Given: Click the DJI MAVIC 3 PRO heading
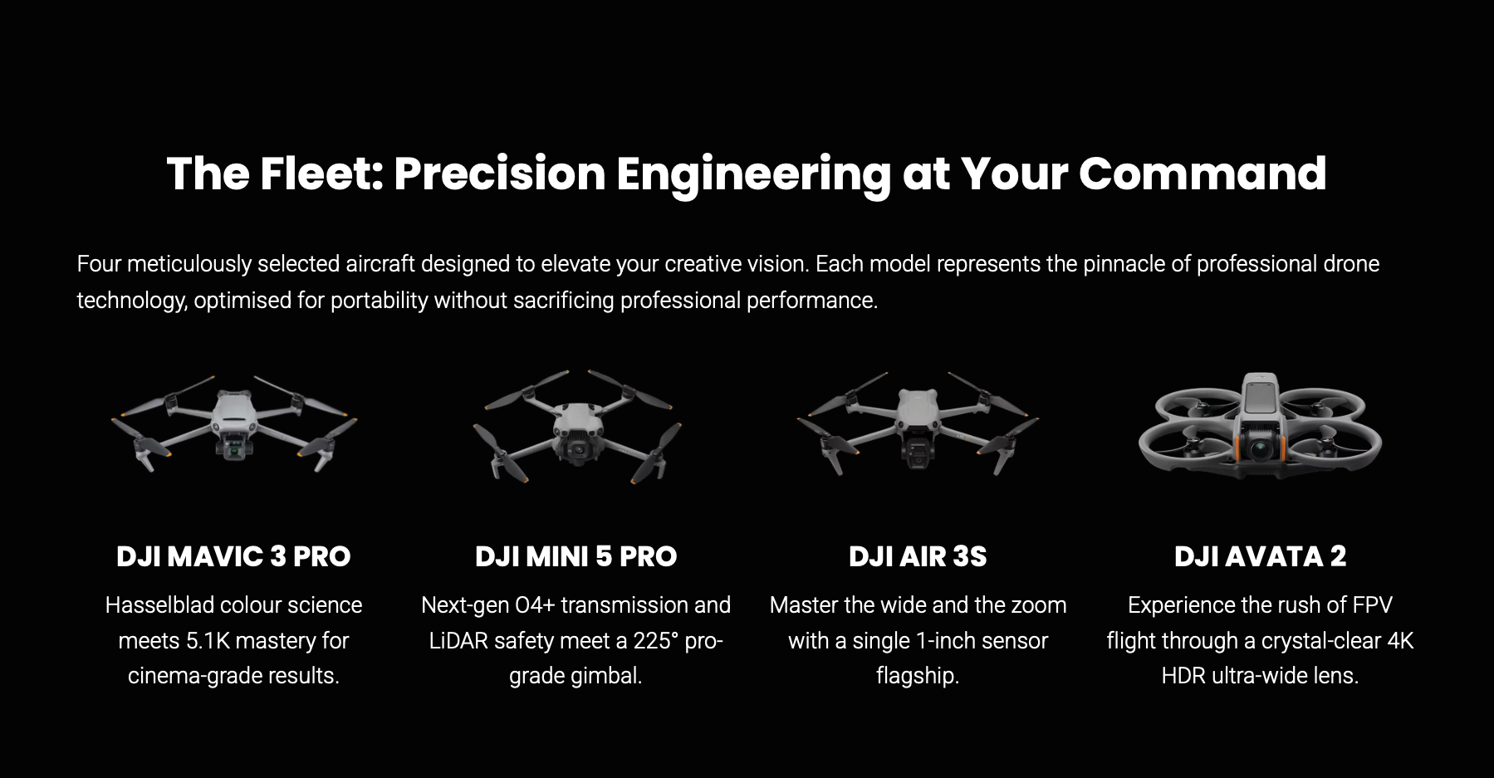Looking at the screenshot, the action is pyautogui.click(x=233, y=556).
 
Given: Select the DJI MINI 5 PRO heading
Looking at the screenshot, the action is pyautogui.click(x=576, y=556).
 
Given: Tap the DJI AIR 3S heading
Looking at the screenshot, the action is pyautogui.click(x=918, y=556).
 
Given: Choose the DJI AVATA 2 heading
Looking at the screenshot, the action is pyautogui.click(x=1260, y=556).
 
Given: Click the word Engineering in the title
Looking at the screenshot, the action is pyautogui.click(x=753, y=174).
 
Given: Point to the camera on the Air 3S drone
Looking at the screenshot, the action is pyautogui.click(x=918, y=453).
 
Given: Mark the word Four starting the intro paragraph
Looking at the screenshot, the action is pyautogui.click(x=99, y=264).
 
